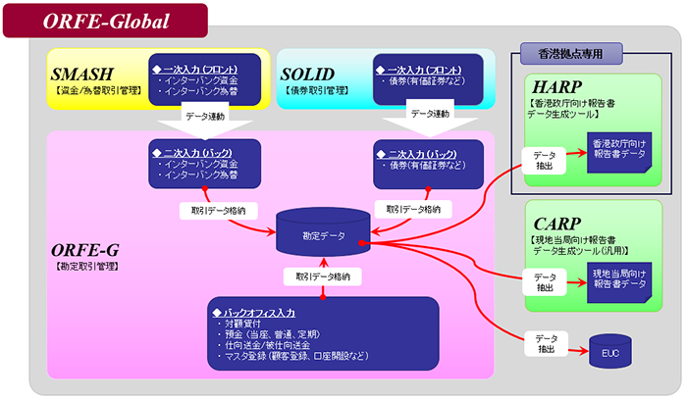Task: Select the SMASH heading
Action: pyautogui.click(x=82, y=74)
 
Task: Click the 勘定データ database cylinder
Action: pyautogui.click(x=323, y=235)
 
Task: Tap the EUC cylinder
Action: pyautogui.click(x=609, y=350)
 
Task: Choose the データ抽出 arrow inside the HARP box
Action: pyautogui.click(x=547, y=160)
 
